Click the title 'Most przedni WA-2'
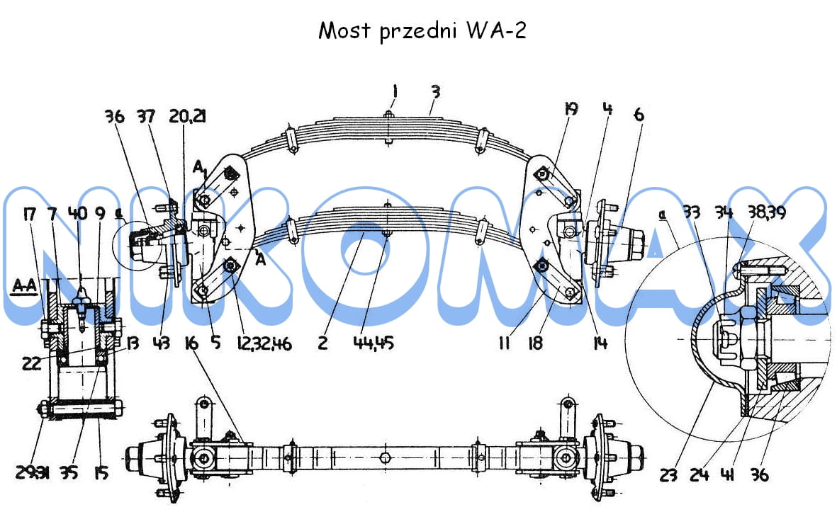[422, 31]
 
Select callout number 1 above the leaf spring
[394, 91]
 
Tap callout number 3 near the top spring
[436, 91]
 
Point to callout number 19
[571, 109]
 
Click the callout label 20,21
[188, 116]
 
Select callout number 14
[600, 345]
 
